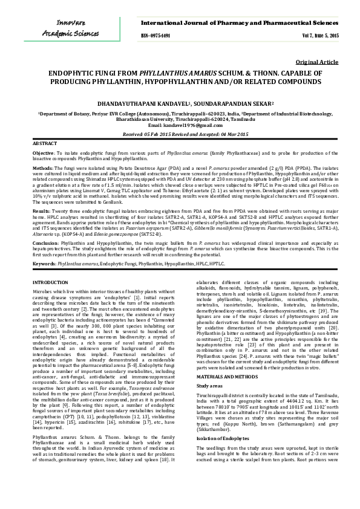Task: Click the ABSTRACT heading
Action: click(x=45, y=144)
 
